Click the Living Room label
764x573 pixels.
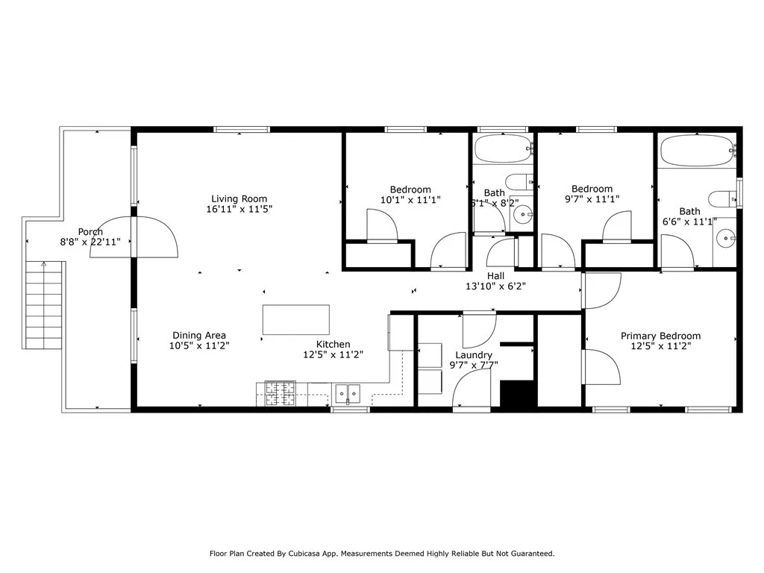pos(239,198)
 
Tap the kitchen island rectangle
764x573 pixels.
pos(296,319)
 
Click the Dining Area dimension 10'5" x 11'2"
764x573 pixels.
pos(199,346)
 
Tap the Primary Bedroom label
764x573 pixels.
pos(660,336)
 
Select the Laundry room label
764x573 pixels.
pos(474,355)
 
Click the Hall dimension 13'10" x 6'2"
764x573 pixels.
pos(496,286)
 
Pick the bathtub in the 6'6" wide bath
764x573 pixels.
pos(697,151)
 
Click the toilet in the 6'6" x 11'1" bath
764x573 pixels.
pos(722,198)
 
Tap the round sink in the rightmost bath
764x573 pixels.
pos(725,239)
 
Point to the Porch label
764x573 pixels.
pos(90,231)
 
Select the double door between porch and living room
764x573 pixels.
pos(134,237)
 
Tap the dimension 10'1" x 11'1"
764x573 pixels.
pos(410,200)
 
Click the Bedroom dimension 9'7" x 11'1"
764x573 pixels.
pos(592,199)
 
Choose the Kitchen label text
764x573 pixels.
pos(333,344)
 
